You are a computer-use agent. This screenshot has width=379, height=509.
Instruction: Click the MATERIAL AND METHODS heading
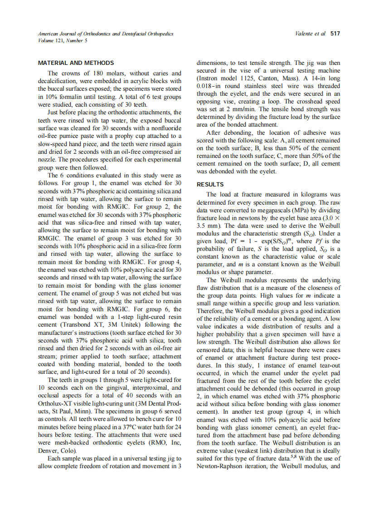tap(76, 63)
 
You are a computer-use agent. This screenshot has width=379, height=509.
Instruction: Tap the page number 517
tap(335, 34)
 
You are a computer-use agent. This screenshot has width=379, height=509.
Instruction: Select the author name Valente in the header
tap(305, 34)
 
